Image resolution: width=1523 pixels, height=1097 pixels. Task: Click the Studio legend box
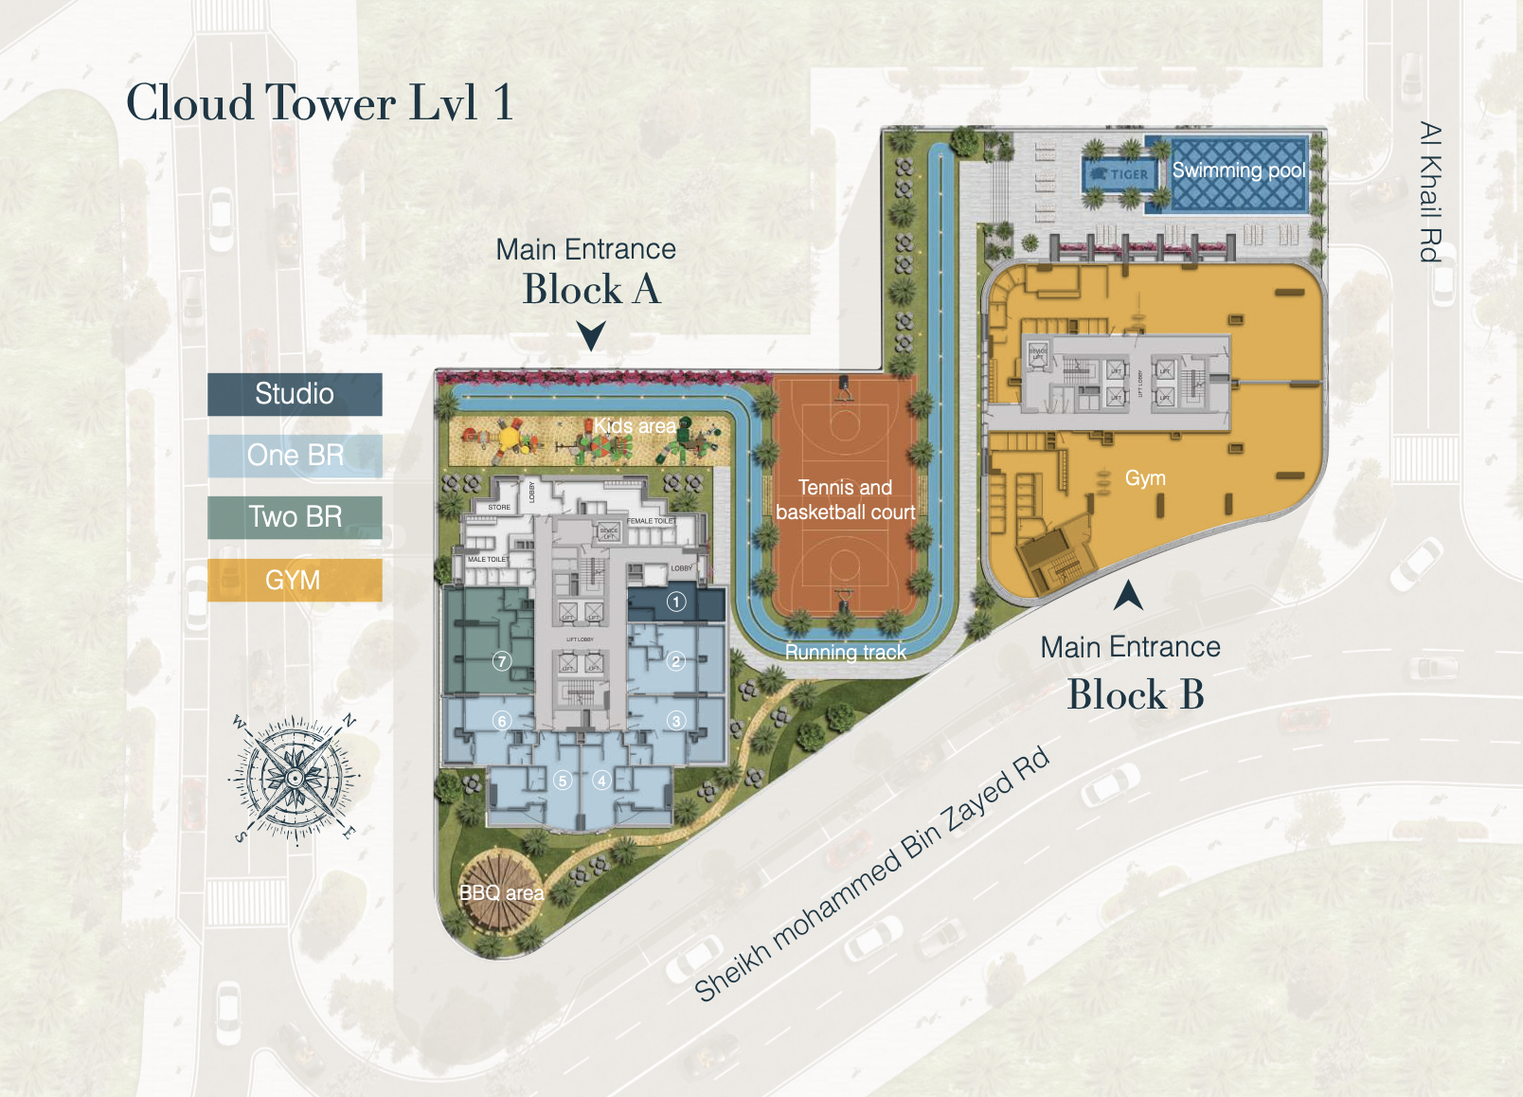[x=295, y=394]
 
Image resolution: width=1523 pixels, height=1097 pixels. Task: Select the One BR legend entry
[x=295, y=456]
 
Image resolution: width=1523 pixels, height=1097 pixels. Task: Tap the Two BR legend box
[x=295, y=517]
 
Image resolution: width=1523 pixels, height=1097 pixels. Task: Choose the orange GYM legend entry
[x=295, y=580]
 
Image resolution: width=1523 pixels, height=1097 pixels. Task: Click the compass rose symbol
[x=295, y=779]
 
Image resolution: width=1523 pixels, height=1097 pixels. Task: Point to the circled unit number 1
[x=676, y=602]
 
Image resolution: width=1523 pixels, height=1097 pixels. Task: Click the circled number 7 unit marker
[x=502, y=661]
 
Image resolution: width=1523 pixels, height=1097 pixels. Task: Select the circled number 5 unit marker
[x=563, y=781]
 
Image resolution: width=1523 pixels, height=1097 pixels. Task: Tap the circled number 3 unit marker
[x=676, y=721]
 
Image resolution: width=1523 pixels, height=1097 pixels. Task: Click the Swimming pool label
[x=1238, y=171]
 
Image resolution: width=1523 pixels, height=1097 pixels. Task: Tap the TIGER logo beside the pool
[x=1119, y=174]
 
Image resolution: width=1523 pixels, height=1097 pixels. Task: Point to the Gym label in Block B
[x=1145, y=478]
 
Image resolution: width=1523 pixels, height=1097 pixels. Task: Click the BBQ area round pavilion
[x=500, y=891]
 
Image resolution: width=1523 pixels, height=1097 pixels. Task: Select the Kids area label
[x=636, y=426]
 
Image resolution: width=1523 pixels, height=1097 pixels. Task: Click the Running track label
[x=845, y=652]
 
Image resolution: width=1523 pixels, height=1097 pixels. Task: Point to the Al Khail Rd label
[x=1430, y=191]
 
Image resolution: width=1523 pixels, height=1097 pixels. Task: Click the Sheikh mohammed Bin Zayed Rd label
[x=872, y=873]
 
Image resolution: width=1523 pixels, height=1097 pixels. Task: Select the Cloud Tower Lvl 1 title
[x=320, y=102]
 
